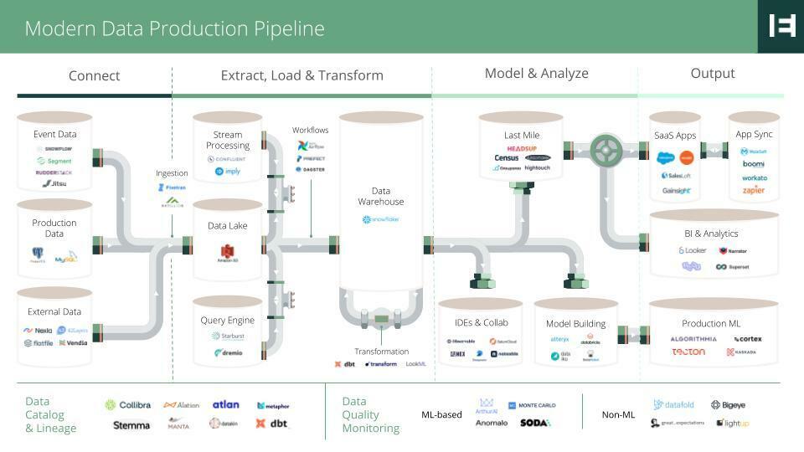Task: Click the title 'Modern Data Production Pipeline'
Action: coord(174,28)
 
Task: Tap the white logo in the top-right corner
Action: coord(781,26)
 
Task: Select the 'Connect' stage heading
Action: coord(94,75)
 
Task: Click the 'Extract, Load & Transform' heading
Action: coord(301,75)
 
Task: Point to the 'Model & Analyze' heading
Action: coord(536,74)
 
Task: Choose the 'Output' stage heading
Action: coord(713,74)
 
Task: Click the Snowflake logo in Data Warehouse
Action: coord(381,220)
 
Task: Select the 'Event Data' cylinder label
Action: coord(54,134)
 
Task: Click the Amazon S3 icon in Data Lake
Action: coord(228,251)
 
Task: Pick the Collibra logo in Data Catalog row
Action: coord(128,405)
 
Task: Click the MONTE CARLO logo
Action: coord(532,405)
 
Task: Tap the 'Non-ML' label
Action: coord(617,414)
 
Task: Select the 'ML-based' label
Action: coord(441,414)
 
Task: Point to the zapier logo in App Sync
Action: coord(754,191)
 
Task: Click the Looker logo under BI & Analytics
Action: coord(693,250)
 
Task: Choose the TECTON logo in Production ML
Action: coord(688,352)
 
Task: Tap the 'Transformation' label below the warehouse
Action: coord(381,352)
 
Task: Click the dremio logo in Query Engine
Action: coord(228,353)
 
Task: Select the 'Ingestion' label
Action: coord(172,173)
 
